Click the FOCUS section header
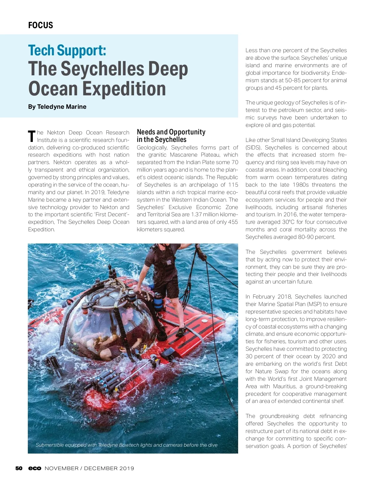tap(41, 25)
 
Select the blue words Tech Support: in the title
tap(67, 51)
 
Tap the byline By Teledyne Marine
tap(57, 107)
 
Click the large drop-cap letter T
tap(32, 136)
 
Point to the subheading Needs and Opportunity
tap(171, 132)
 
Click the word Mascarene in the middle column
tap(183, 155)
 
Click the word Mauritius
tap(282, 386)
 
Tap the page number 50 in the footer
tap(19, 468)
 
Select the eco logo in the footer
tap(35, 468)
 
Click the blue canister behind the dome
tap(158, 301)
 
